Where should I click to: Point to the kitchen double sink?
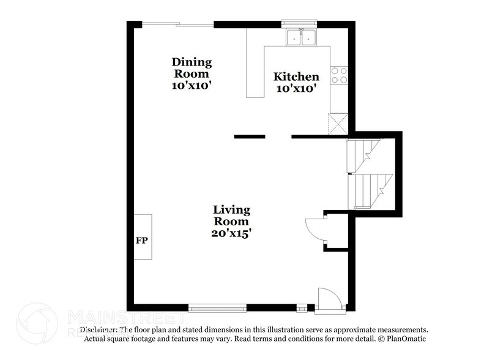click(302, 39)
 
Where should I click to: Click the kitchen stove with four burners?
click(339, 75)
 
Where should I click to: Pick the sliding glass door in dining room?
click(178, 24)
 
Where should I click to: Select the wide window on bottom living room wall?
click(217, 307)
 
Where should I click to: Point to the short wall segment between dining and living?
click(250, 137)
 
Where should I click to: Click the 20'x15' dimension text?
click(231, 233)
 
